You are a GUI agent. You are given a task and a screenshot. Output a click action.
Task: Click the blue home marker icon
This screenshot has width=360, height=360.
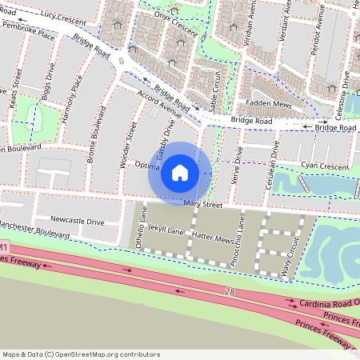coord(180,172)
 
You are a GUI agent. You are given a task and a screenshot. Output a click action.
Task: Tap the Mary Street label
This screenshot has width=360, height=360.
coord(202,206)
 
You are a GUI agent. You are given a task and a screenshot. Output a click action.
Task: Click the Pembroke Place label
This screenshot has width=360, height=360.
coord(28,36)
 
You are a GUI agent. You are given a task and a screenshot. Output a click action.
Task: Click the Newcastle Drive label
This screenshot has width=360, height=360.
coord(77,221)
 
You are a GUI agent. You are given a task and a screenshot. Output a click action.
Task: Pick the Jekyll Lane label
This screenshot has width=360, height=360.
coord(166,231)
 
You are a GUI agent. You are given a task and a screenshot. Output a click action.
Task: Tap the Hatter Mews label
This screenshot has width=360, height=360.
coord(212,238)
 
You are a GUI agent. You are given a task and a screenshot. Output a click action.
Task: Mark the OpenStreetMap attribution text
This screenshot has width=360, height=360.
coord(81,354)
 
